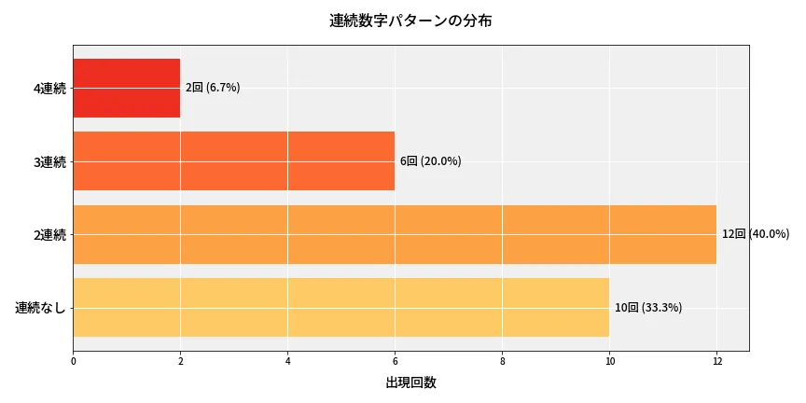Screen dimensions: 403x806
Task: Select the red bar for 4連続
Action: click(126, 88)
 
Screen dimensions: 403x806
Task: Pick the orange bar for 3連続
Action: click(233, 161)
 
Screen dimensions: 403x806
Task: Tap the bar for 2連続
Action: click(394, 234)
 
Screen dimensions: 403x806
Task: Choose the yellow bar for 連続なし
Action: click(340, 307)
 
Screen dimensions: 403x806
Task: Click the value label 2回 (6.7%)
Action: click(213, 88)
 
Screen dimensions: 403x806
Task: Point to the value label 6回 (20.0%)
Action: click(430, 161)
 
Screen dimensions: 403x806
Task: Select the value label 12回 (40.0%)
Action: click(756, 234)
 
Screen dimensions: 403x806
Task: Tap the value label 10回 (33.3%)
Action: click(648, 308)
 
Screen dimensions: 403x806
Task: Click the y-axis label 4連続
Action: click(49, 89)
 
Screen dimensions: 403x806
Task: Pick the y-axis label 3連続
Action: click(49, 162)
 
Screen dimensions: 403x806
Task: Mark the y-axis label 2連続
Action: click(49, 235)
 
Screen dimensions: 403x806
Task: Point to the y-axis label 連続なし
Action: click(41, 308)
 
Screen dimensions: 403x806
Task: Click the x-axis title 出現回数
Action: click(410, 382)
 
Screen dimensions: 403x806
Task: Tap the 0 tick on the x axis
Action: click(73, 360)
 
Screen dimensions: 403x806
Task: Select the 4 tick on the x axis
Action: click(287, 360)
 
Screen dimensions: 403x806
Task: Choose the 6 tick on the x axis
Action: click(395, 360)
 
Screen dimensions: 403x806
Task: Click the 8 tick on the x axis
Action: click(502, 360)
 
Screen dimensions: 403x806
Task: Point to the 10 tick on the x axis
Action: click(609, 360)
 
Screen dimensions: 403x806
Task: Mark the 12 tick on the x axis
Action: click(716, 360)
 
